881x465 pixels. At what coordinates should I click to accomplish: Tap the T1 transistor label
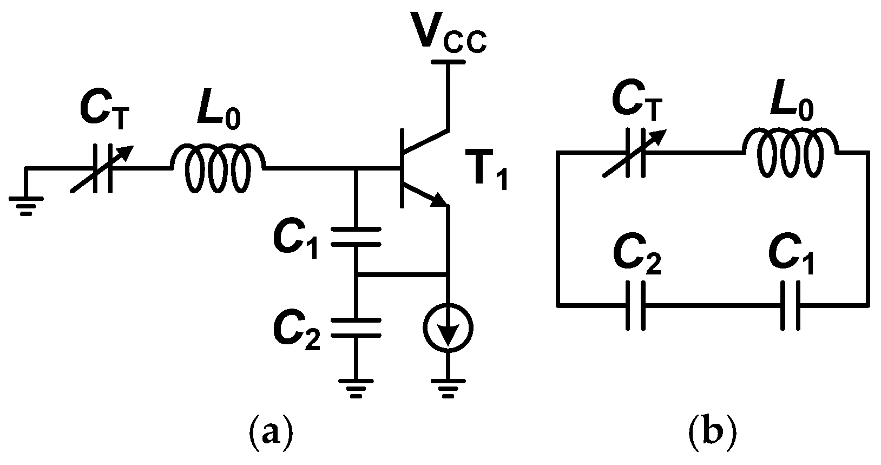487,172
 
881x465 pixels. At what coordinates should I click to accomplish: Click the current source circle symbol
448,328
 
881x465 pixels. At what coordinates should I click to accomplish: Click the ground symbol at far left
25,206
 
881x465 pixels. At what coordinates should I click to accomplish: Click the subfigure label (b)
713,433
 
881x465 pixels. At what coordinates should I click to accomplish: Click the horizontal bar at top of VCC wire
448,63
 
